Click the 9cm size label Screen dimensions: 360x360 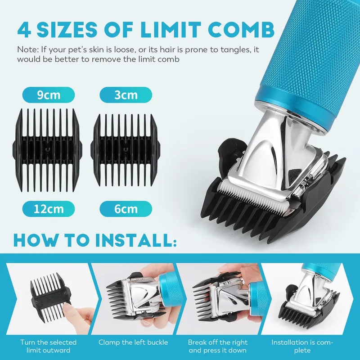point(49,95)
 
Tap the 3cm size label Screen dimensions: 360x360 point(126,95)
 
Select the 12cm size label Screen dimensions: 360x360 point(49,209)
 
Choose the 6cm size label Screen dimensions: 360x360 point(126,209)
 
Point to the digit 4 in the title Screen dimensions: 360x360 point(24,30)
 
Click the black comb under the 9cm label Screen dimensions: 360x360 point(47,150)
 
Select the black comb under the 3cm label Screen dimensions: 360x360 point(126,150)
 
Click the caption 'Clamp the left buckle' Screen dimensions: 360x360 point(133,342)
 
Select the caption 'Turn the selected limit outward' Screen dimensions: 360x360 point(48,346)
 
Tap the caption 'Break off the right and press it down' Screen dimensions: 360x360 point(218,346)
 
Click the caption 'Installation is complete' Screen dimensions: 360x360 point(302,346)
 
